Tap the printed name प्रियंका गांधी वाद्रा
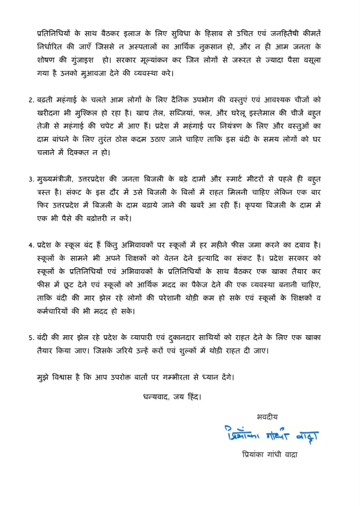tap(270, 455)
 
